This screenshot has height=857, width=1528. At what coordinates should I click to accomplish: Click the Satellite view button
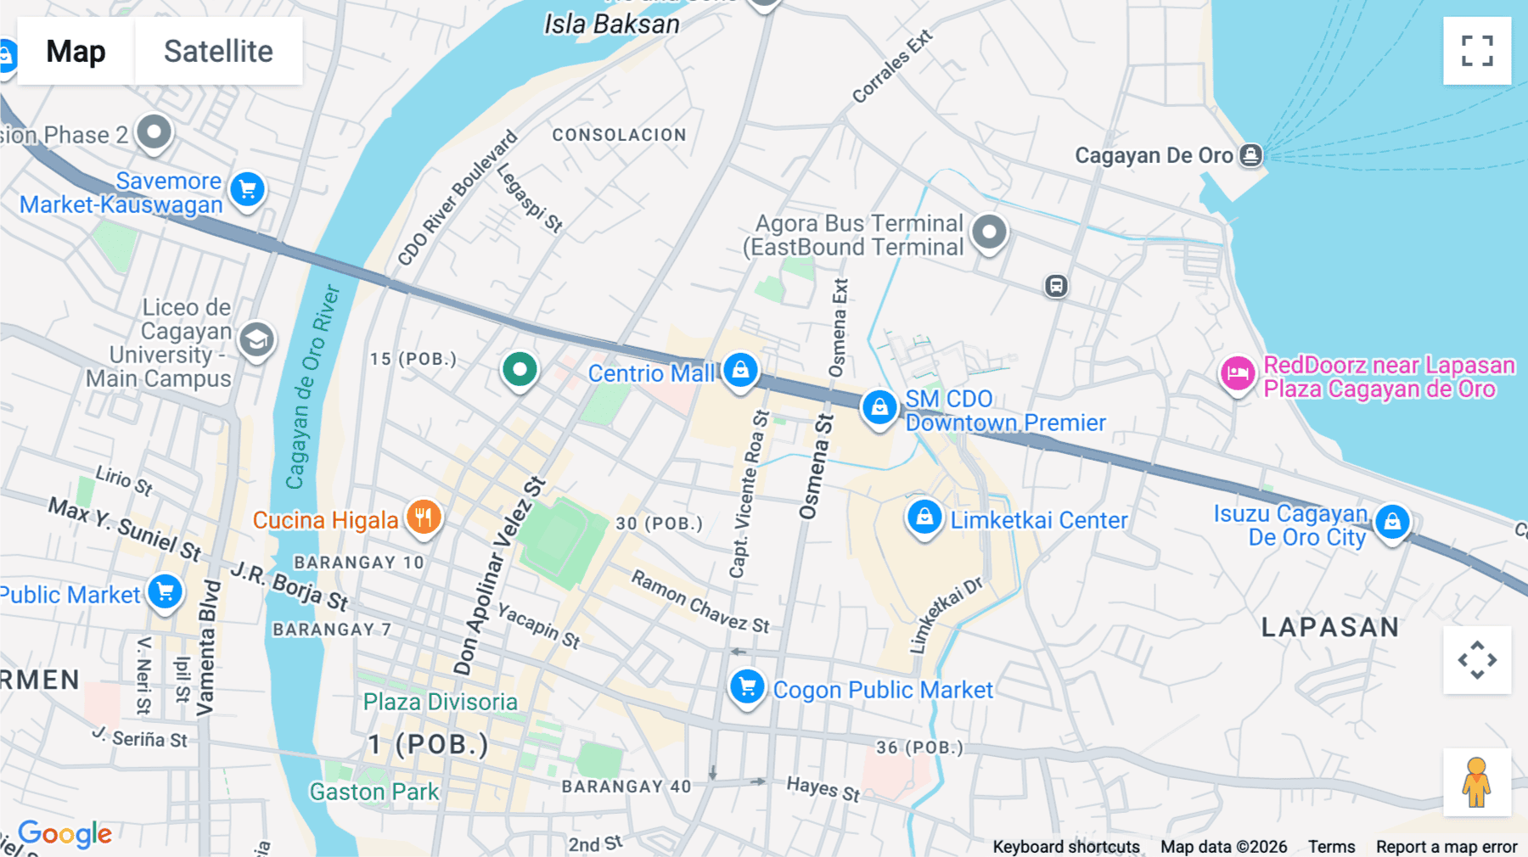point(218,51)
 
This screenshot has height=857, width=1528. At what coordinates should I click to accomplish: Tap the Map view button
point(76,51)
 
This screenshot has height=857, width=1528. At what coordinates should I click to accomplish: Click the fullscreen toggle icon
point(1477,51)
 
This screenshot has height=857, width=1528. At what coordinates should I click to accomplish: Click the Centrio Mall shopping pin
point(740,370)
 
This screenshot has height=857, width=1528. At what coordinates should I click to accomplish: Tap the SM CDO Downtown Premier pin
point(879,407)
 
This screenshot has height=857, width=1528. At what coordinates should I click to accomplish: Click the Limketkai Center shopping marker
point(924,516)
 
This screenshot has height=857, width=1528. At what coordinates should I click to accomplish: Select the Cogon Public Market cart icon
point(747,686)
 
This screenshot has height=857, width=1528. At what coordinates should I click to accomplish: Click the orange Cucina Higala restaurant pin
point(424,516)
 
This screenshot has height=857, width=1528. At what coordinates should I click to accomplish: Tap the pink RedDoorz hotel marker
point(1238,373)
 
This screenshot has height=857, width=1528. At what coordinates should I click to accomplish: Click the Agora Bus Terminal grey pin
point(989,232)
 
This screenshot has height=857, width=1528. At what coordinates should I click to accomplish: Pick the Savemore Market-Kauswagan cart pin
point(248,189)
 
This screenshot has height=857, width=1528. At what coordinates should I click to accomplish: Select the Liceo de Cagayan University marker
point(256,340)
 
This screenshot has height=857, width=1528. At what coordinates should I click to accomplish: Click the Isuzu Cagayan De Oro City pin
point(1392,522)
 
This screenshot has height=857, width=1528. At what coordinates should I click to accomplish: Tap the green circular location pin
point(520,370)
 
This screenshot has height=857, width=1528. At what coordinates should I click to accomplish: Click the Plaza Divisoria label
point(440,702)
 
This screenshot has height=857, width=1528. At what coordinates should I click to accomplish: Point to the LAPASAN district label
point(1329,627)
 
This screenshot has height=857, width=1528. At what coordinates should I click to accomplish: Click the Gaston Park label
point(374,792)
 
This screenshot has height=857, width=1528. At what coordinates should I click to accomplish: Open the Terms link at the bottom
point(1331,846)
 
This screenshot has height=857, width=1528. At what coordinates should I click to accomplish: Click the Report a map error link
point(1447,846)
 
